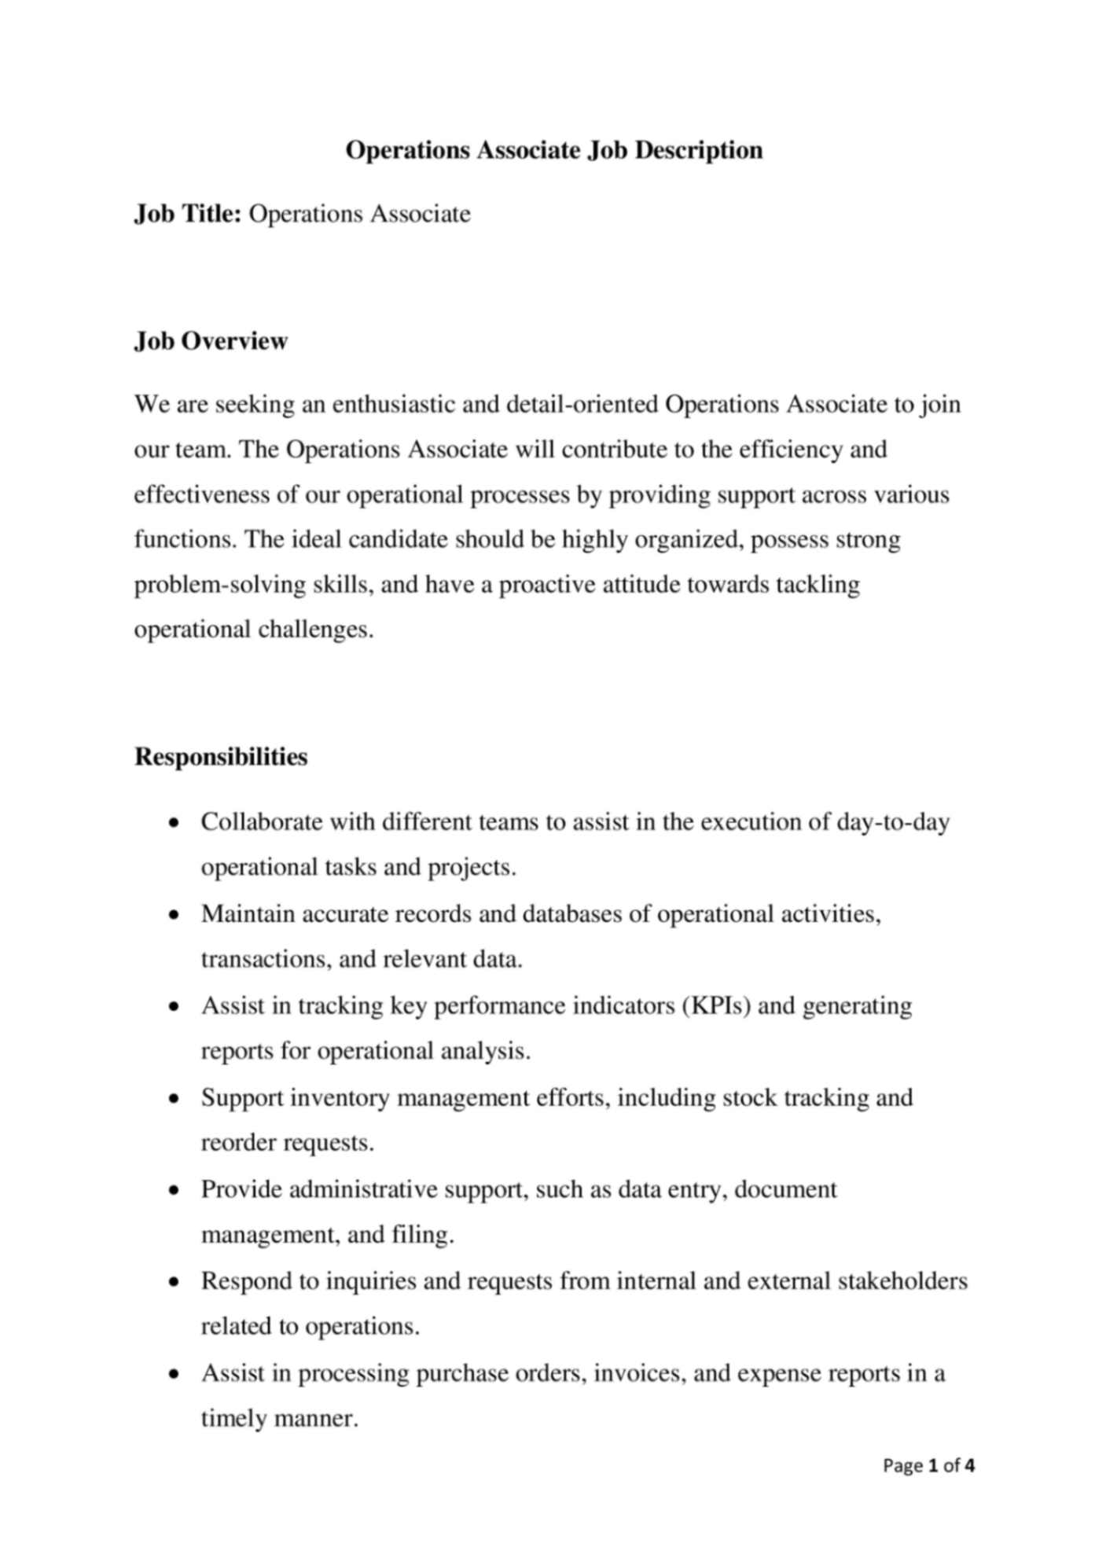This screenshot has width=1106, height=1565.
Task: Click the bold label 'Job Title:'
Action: [x=187, y=214]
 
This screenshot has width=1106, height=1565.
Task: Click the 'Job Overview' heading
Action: [x=211, y=341]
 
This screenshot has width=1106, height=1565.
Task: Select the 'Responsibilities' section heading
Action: [x=221, y=757]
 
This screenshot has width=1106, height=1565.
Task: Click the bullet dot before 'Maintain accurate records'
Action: [x=175, y=916]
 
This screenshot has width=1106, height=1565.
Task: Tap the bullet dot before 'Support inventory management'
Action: [x=175, y=1099]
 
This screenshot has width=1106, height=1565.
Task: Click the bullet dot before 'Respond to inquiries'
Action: [x=175, y=1283]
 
